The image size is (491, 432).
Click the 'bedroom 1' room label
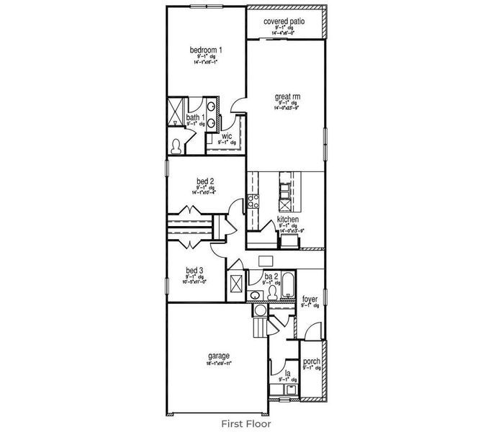tap(206, 50)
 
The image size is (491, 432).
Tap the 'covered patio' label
tap(284, 22)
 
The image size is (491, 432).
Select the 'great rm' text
tap(287, 95)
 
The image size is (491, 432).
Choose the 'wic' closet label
tap(227, 135)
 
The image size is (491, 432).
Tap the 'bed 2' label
tap(204, 181)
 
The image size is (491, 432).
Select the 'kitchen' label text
tap(288, 219)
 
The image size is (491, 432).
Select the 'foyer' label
tap(310, 298)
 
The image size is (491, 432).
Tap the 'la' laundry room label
tap(287, 373)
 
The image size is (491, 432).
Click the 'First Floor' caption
tap(245, 423)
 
